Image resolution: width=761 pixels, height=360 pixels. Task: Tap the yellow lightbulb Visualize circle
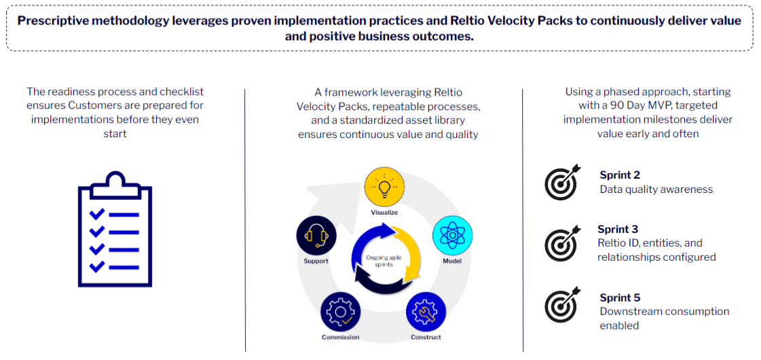(385, 188)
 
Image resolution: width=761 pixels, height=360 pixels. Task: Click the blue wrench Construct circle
(426, 312)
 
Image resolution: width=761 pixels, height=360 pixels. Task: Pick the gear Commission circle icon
(340, 312)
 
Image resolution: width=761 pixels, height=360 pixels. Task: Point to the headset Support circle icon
(316, 236)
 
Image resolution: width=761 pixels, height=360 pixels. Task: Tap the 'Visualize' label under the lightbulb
(384, 213)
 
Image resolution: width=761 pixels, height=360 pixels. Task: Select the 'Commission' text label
(340, 337)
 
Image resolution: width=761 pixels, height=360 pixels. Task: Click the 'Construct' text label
(426, 337)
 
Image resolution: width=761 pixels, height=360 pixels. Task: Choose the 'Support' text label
(316, 261)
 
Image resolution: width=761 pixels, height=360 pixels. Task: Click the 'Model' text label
(452, 261)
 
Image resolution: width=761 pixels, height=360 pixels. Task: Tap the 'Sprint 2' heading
(620, 175)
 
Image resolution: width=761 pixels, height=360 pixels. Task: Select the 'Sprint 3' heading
(618, 229)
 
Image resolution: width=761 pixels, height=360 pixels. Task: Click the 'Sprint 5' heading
(620, 298)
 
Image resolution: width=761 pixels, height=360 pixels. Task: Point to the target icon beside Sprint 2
(563, 182)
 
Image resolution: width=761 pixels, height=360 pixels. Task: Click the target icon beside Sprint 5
(563, 305)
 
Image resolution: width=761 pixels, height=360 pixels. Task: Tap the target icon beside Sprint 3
(563, 243)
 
